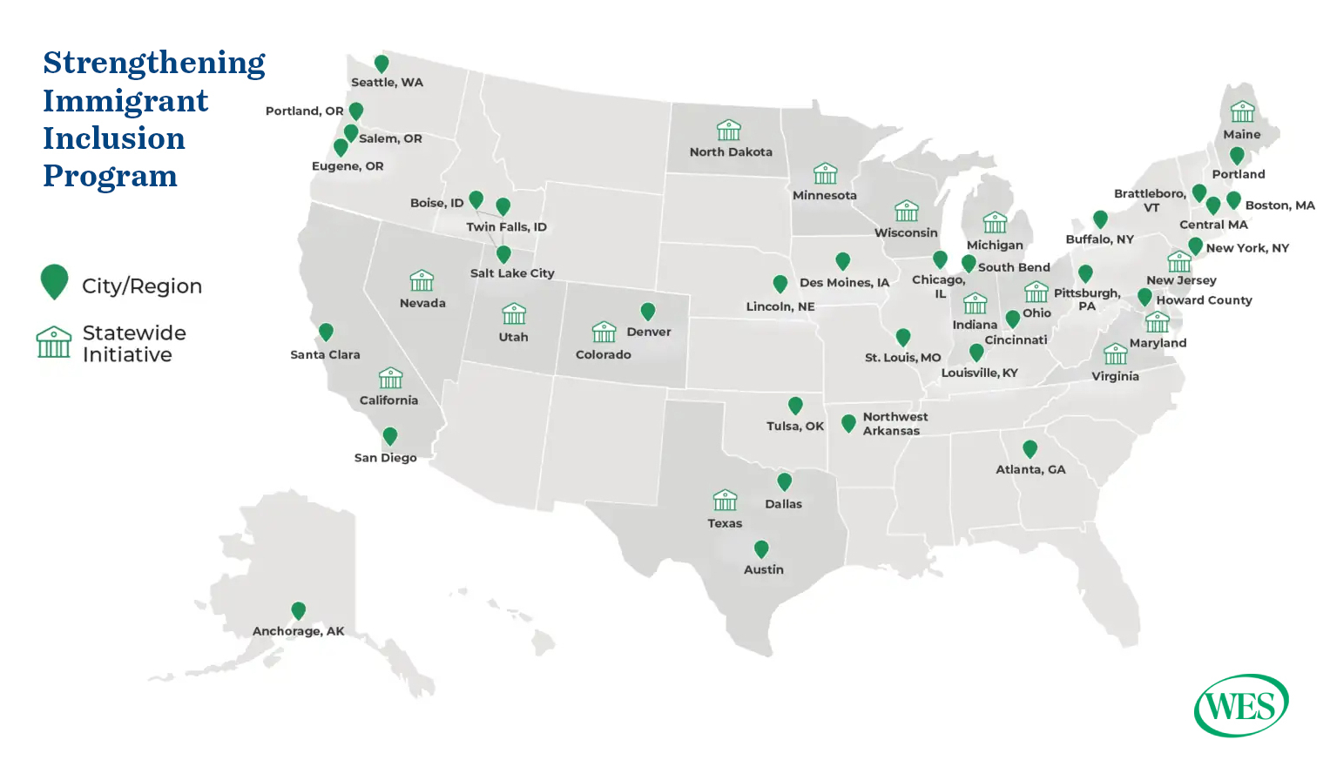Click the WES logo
click(x=1241, y=705)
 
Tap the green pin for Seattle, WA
click(x=381, y=64)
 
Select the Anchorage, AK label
click(x=299, y=631)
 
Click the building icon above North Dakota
click(x=729, y=131)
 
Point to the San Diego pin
click(x=390, y=435)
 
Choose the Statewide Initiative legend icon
click(x=54, y=342)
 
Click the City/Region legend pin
click(x=54, y=281)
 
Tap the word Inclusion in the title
click(x=114, y=138)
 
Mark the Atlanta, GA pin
click(x=1030, y=448)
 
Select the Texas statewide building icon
click(x=725, y=501)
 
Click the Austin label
click(x=764, y=569)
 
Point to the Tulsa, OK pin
click(x=795, y=405)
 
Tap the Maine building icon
click(x=1242, y=111)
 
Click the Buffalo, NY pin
click(x=1100, y=219)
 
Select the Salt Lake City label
click(x=512, y=273)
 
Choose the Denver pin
click(x=647, y=311)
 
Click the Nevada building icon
click(x=422, y=280)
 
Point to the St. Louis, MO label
click(x=902, y=358)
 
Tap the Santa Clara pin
click(x=326, y=332)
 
